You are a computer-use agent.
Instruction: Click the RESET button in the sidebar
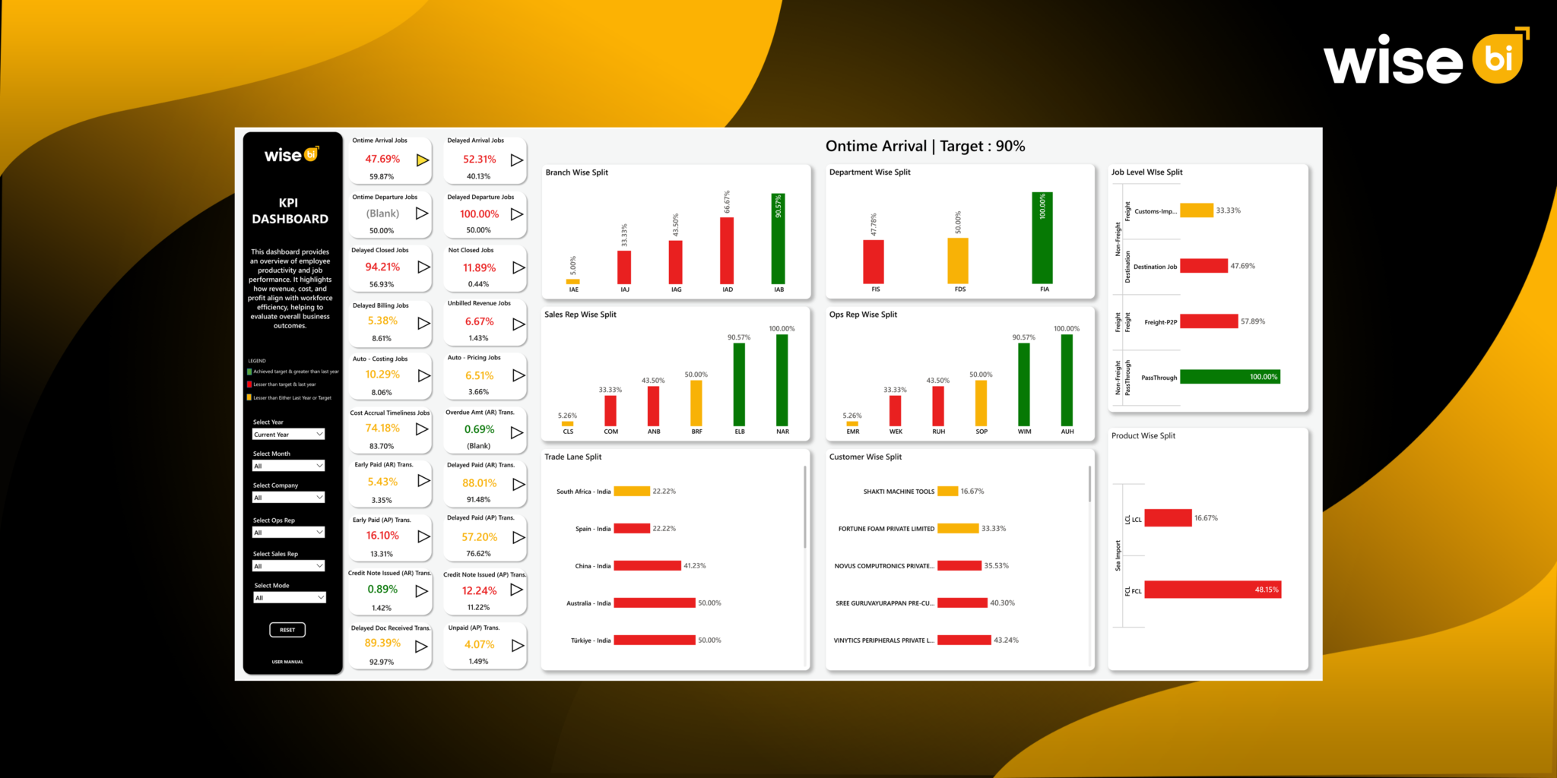(x=287, y=630)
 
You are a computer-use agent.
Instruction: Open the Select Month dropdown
(x=288, y=466)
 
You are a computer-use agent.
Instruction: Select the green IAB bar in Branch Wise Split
(x=778, y=239)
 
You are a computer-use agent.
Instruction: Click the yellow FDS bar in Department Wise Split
(x=958, y=261)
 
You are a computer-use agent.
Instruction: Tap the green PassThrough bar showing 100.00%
(x=1229, y=377)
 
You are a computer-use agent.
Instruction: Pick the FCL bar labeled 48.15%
(x=1213, y=590)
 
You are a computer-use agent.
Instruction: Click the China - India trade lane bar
(x=647, y=566)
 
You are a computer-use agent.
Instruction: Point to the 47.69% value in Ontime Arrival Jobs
(x=382, y=159)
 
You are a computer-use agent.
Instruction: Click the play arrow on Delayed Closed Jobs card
(x=423, y=267)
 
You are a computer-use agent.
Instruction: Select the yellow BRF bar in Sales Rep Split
(x=696, y=403)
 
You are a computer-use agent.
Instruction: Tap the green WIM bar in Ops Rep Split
(x=1024, y=384)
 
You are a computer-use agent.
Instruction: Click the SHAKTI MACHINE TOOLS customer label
(x=899, y=492)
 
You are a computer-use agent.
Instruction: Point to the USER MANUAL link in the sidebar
(x=287, y=662)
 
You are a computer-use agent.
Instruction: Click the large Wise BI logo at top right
(x=1425, y=59)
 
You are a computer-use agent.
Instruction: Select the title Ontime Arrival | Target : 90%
(x=925, y=146)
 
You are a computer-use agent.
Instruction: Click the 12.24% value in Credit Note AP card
(x=479, y=590)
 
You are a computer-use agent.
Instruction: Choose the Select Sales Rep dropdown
(x=288, y=566)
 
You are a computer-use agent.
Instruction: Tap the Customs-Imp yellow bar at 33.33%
(x=1196, y=210)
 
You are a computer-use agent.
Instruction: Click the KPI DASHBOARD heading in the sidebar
(x=290, y=210)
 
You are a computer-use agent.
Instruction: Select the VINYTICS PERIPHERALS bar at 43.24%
(x=964, y=640)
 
